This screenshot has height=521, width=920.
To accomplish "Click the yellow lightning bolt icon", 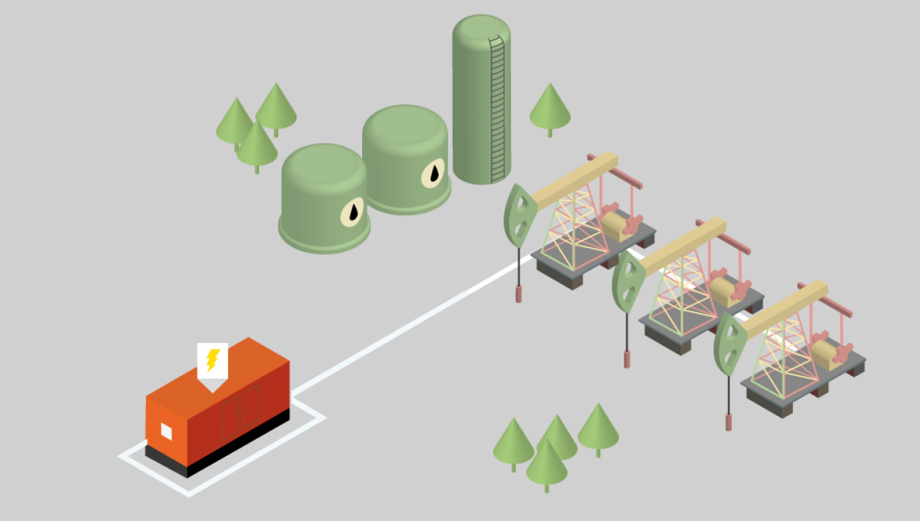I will tap(212, 360).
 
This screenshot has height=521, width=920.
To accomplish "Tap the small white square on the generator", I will tap(166, 432).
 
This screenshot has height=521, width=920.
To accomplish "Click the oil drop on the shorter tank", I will tap(353, 212).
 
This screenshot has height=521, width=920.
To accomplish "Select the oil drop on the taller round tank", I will tap(434, 173).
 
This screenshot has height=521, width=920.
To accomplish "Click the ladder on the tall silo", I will tap(498, 109).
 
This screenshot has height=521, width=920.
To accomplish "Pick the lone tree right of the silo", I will tap(550, 107).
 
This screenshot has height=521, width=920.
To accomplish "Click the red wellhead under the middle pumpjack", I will tap(626, 358).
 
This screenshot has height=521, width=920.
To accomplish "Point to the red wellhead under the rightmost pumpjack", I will tap(728, 421).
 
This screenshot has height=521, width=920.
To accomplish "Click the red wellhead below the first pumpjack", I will tap(519, 293).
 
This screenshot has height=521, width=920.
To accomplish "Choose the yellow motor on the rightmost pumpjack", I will tap(826, 354).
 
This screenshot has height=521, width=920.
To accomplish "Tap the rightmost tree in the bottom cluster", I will tap(598, 428).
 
